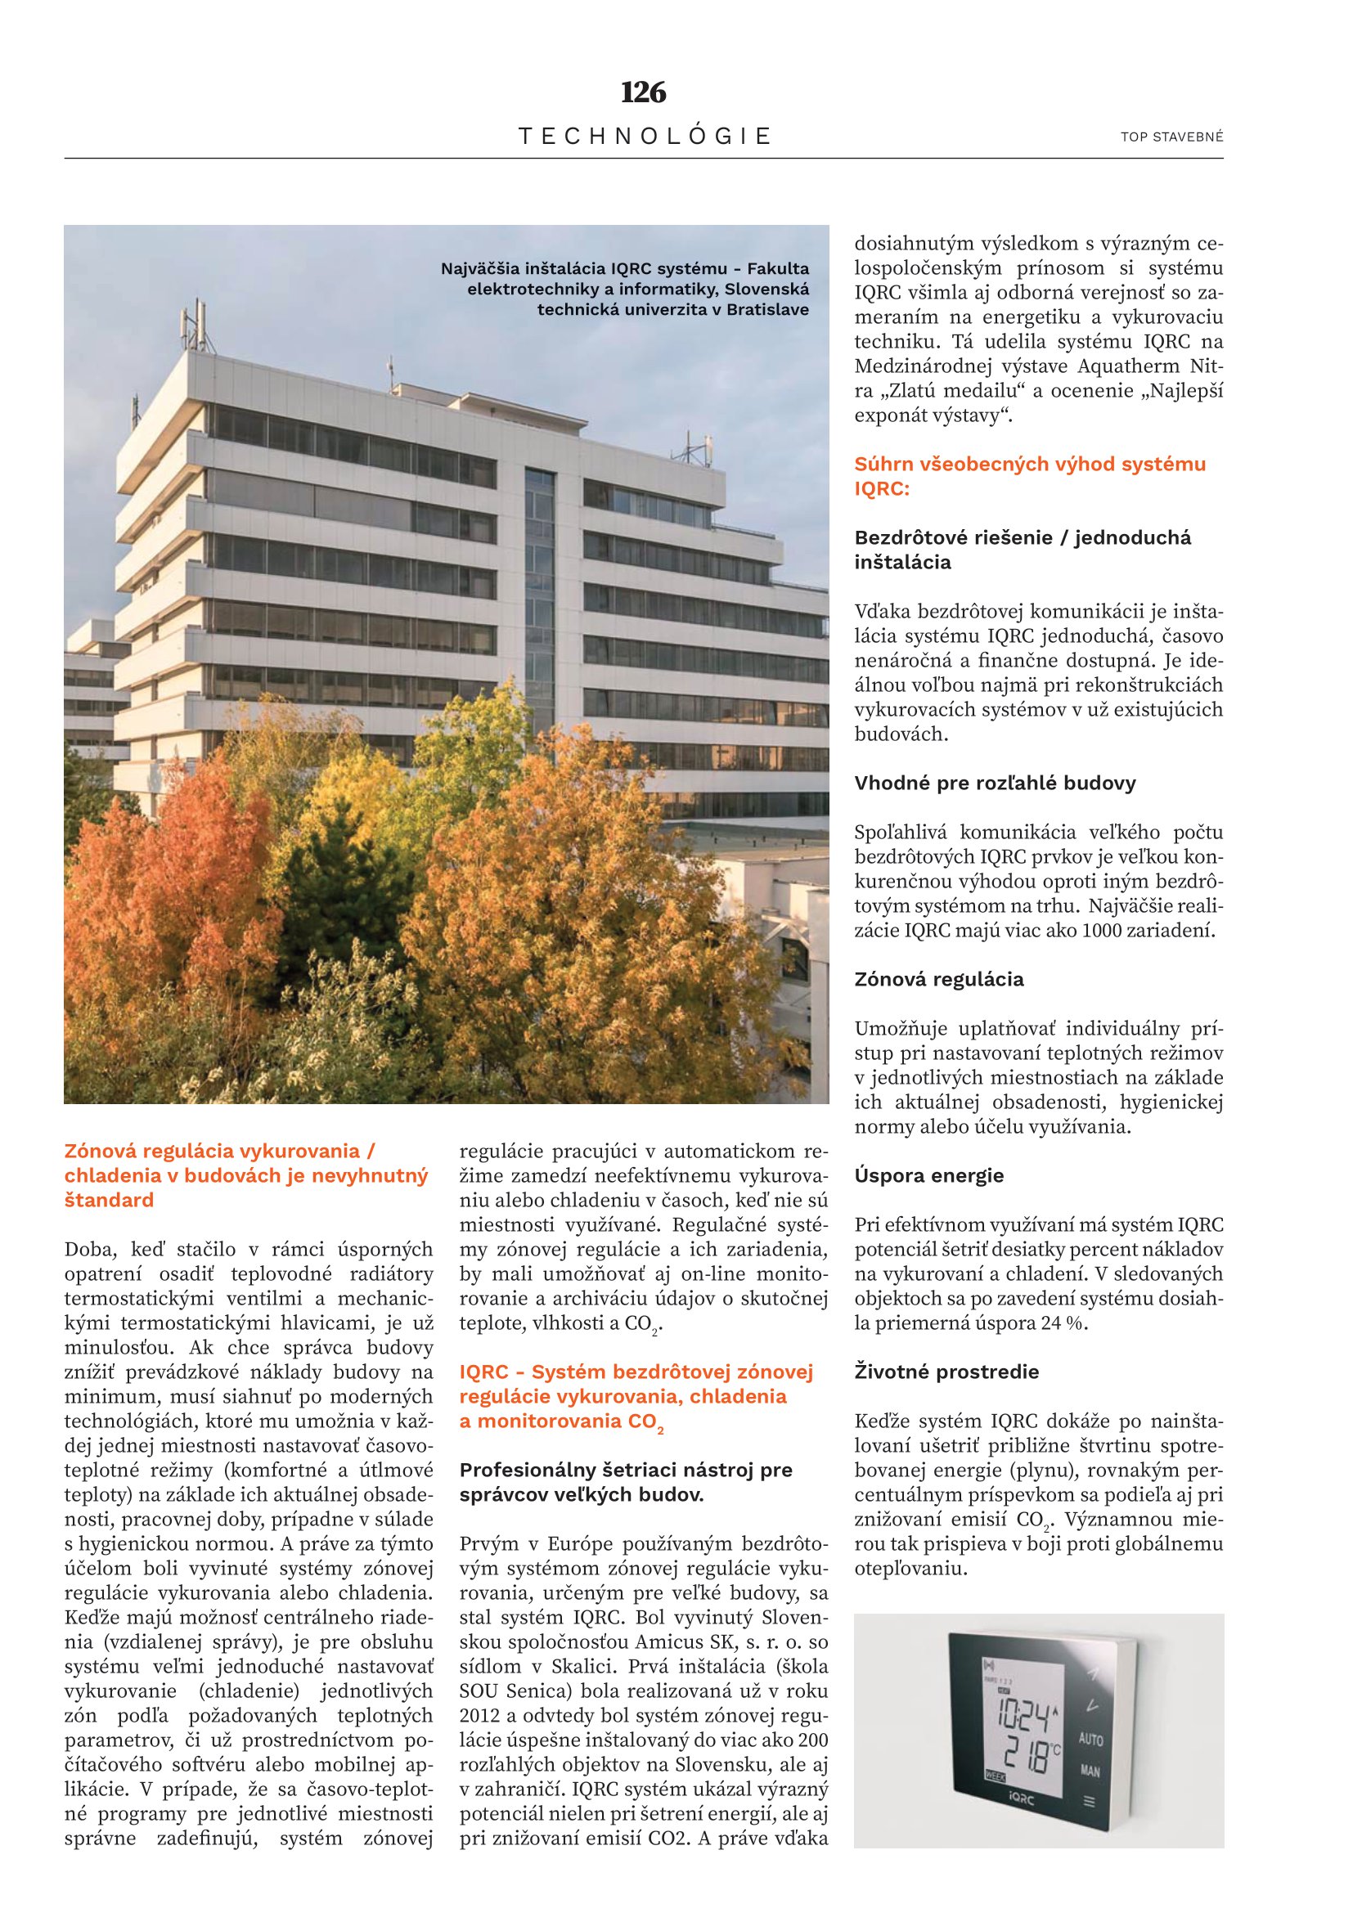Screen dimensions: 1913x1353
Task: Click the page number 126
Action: click(x=643, y=92)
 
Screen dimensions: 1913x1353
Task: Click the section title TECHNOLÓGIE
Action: click(x=645, y=136)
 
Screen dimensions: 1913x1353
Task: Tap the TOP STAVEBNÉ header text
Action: click(x=1171, y=137)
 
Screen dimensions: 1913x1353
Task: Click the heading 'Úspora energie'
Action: click(x=929, y=1175)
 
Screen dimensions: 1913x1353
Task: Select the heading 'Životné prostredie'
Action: click(x=946, y=1372)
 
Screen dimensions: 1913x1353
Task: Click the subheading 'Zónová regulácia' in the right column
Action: click(x=939, y=979)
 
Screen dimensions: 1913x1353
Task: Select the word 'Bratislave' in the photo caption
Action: click(x=767, y=310)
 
